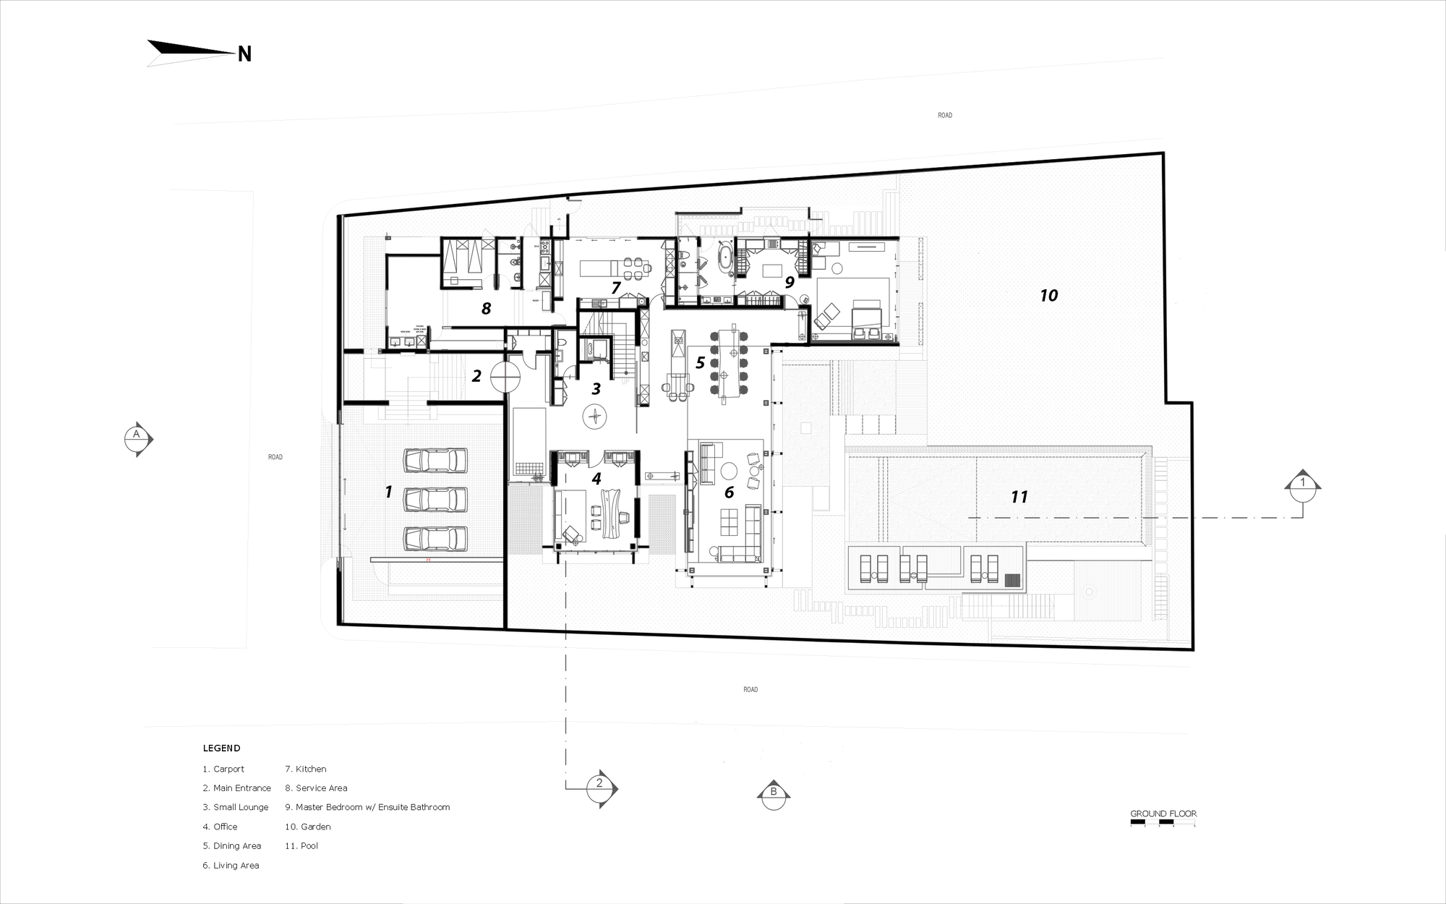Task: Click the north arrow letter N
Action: [244, 54]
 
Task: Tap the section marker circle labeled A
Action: [136, 438]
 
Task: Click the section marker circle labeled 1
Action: [1302, 484]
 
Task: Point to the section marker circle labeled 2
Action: [599, 785]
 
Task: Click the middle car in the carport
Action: [435, 499]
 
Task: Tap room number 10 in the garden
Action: [1048, 295]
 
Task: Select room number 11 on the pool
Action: [1019, 497]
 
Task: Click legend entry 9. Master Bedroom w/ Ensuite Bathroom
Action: [367, 807]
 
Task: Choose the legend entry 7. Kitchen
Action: [306, 769]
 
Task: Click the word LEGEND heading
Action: [221, 749]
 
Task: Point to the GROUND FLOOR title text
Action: [1163, 814]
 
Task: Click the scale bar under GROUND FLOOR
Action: [1163, 823]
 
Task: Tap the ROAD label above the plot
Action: [944, 116]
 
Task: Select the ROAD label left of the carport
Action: [275, 457]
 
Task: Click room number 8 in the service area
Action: [486, 309]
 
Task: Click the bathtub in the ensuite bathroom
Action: [723, 260]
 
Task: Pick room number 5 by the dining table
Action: [700, 362]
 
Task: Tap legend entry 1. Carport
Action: [223, 769]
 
